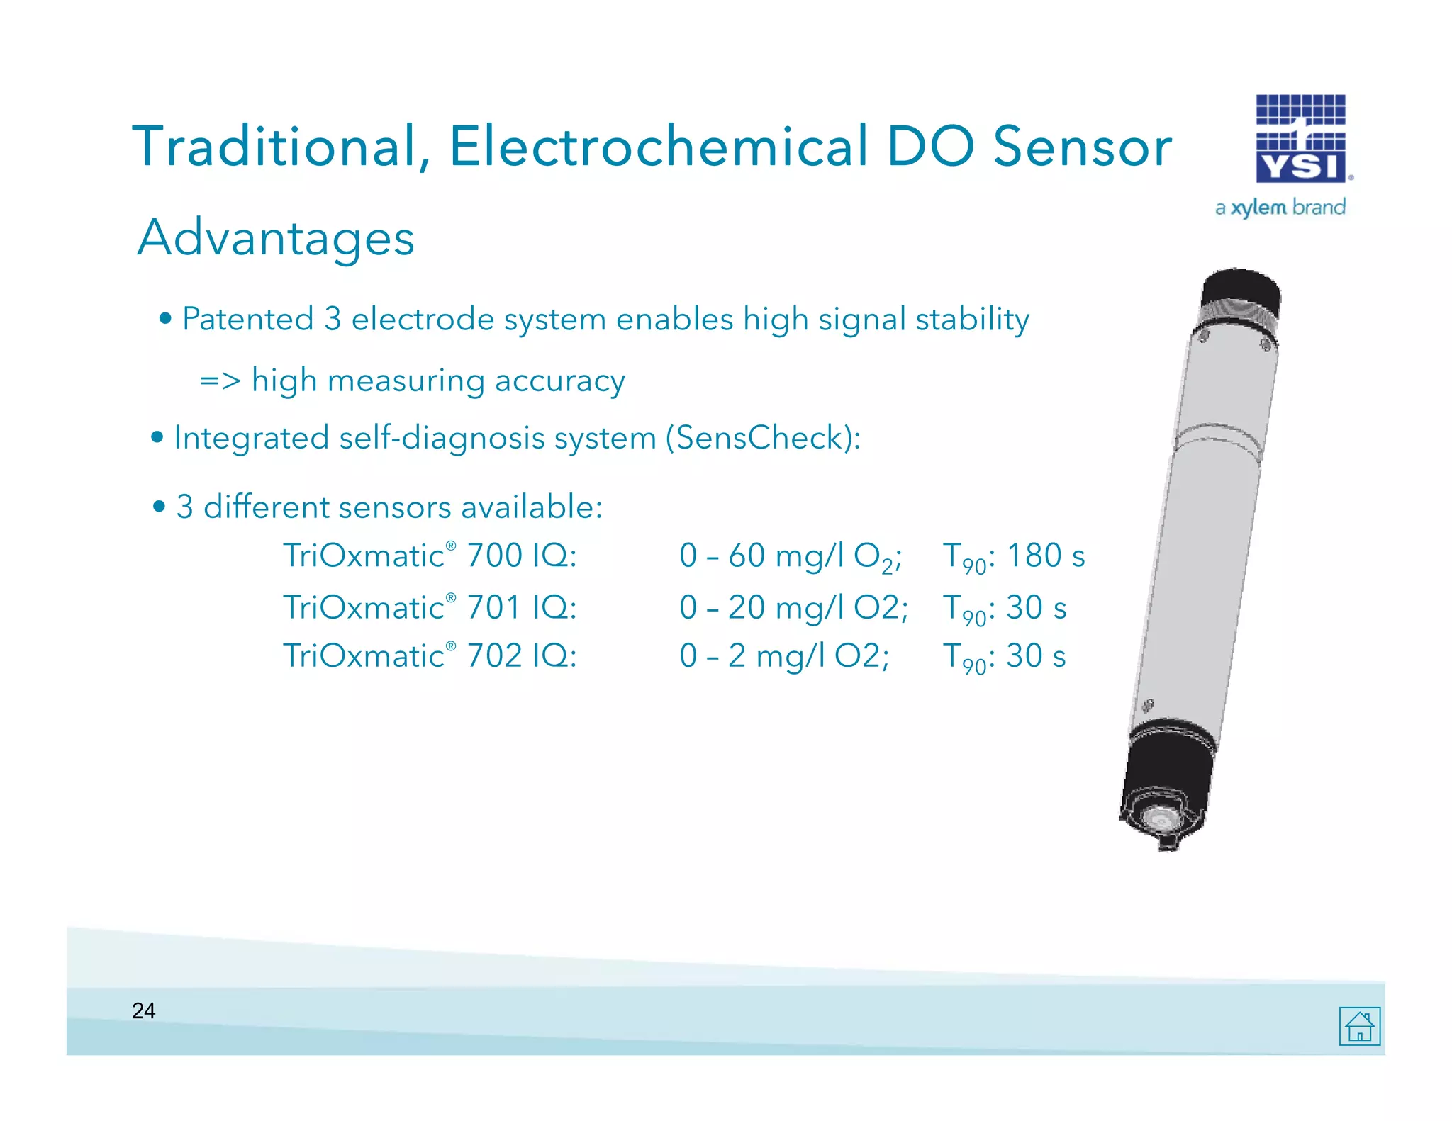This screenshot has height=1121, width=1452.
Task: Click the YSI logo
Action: (1301, 139)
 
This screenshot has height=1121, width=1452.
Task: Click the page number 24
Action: (143, 1010)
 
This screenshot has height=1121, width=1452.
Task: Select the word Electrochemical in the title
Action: (659, 147)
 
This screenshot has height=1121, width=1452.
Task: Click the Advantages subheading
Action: (275, 237)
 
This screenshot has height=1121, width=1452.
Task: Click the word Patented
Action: (247, 319)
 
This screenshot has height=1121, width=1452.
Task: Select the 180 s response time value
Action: (1045, 556)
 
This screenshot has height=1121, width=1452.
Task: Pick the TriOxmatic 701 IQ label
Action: (430, 607)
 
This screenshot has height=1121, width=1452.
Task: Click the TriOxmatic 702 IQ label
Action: (430, 655)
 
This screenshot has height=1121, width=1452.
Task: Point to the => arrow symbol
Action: (220, 381)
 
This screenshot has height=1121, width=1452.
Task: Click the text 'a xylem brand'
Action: (1280, 208)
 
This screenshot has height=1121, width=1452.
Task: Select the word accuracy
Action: (559, 381)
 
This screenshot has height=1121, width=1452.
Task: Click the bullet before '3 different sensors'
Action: (159, 507)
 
